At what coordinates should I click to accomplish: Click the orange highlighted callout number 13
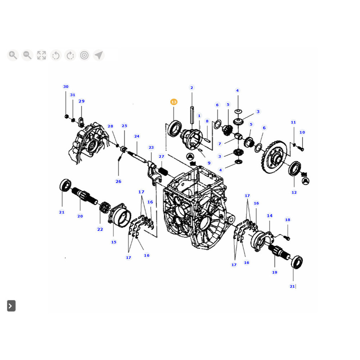coord(174,102)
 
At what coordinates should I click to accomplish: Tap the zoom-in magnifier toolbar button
coord(13,55)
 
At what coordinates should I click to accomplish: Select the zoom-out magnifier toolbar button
coord(27,55)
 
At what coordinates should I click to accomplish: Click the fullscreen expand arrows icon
coord(41,55)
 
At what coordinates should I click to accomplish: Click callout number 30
coord(66,86)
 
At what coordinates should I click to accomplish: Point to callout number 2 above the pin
coord(192,88)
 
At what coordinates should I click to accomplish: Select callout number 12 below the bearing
coord(294,192)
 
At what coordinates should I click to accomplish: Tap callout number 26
coord(118,181)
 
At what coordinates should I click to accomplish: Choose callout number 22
coord(100,229)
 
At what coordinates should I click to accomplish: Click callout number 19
coord(275,272)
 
